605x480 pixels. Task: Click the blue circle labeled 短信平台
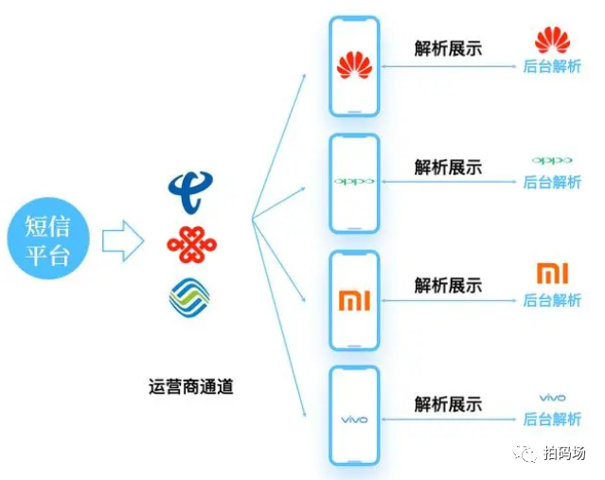[47, 240]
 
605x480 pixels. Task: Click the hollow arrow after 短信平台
[122, 240]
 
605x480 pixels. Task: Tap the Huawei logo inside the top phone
[353, 65]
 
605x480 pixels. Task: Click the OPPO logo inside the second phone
[353, 181]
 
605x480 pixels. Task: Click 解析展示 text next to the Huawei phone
[448, 47]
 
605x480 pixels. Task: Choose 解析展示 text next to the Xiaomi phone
[448, 284]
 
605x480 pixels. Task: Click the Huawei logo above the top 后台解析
[552, 41]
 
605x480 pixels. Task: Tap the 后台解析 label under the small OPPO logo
[552, 182]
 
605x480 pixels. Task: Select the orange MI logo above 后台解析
[552, 274]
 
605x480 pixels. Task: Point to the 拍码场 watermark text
[564, 453]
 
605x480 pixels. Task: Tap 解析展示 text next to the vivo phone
[448, 403]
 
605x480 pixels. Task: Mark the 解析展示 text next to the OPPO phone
[448, 167]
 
